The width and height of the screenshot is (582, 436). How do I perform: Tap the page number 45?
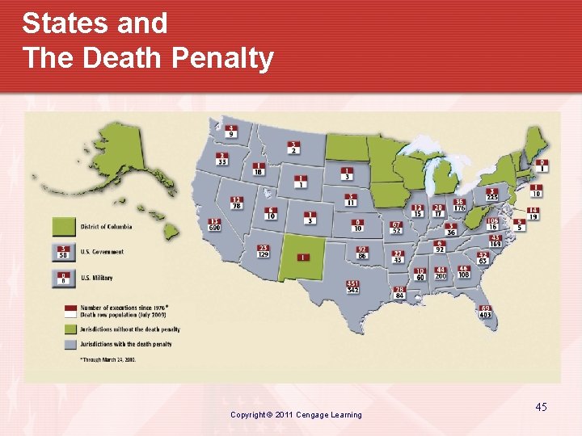541,407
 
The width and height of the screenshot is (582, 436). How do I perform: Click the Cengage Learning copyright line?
296,415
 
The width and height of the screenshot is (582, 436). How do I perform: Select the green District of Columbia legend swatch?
64,226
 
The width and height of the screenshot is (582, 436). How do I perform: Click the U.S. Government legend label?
102,253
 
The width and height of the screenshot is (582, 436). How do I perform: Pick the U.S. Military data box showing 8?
63,278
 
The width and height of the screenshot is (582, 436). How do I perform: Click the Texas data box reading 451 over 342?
353,287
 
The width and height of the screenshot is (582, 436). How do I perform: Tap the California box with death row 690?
214,225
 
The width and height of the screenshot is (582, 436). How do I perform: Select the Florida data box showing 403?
486,312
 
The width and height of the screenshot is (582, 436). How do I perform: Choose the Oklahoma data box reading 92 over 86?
362,253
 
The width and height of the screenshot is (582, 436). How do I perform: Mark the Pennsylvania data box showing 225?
491,195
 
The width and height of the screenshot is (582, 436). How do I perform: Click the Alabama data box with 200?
441,273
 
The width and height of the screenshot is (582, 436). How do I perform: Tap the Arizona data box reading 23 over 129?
264,251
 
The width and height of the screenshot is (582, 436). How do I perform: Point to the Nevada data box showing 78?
236,203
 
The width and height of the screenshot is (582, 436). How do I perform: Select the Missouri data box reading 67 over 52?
396,228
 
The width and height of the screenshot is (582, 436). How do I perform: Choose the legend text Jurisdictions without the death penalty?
129,329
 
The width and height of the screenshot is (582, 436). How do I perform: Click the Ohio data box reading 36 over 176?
459,205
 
